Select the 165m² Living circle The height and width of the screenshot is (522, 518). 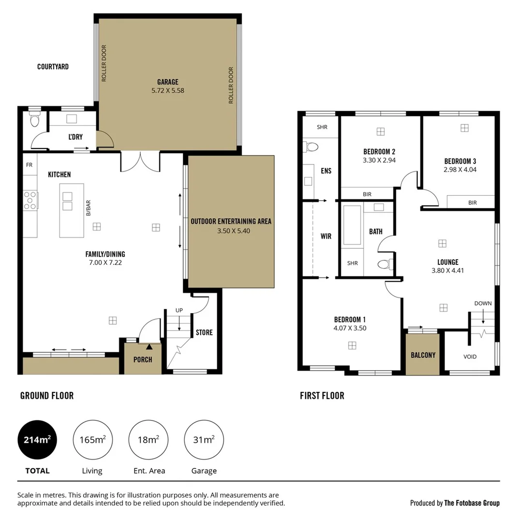tap(92, 440)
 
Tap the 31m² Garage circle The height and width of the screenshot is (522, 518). tap(204, 440)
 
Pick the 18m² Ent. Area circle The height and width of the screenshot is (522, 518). tap(148, 440)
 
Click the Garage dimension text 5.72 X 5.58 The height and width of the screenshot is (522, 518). tap(167, 90)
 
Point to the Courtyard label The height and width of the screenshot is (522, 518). tap(53, 67)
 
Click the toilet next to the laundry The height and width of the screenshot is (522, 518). tap(34, 120)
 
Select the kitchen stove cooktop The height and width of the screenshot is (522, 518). tap(30, 200)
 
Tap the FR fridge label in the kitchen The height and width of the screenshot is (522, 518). tap(29, 165)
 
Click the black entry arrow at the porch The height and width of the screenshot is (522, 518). tap(149, 346)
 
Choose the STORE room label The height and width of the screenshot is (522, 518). tap(204, 333)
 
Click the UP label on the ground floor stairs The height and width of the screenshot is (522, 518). tap(179, 310)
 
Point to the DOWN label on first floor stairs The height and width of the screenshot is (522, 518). tap(483, 304)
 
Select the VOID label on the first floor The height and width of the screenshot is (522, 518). tap(470, 357)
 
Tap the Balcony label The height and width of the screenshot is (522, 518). tap(423, 355)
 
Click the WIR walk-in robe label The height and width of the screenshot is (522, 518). tap(326, 236)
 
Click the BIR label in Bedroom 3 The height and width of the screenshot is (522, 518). tap(472, 203)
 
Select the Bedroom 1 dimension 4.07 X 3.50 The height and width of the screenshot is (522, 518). tap(350, 328)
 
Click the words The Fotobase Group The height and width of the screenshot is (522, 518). tap(472, 503)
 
